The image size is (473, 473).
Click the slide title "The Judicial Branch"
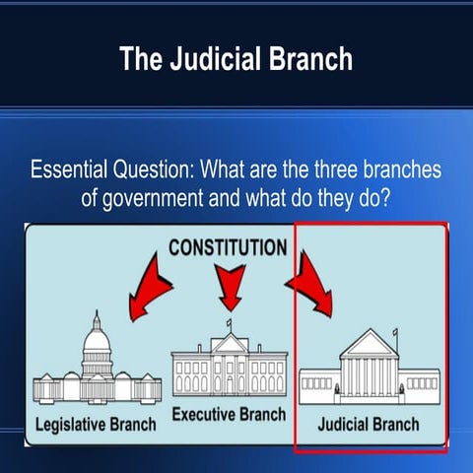pos(236,59)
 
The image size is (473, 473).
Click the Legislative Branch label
pos(95,426)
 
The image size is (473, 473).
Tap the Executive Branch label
pos(230,415)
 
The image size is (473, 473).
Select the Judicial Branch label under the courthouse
pos(370,425)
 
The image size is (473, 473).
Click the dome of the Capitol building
pos(97,339)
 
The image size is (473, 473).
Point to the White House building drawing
pos(230,365)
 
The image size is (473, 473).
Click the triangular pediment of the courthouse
pos(370,343)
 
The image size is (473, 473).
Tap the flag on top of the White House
pos(229,323)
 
